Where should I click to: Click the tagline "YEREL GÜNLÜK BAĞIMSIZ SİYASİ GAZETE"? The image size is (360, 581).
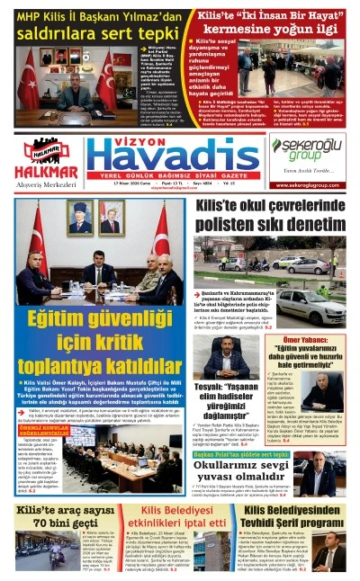point(175,175)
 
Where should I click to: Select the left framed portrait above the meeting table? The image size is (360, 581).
point(79,218)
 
